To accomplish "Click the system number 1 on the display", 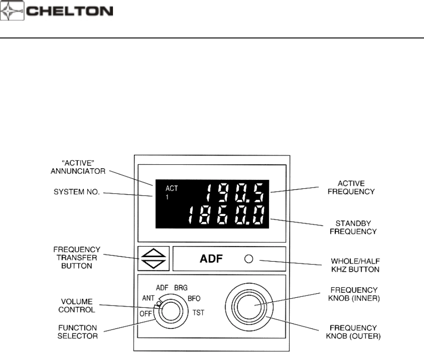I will pyautogui.click(x=167, y=198).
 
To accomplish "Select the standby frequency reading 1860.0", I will pyautogui.click(x=226, y=216).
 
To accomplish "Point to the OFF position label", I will pyautogui.click(x=146, y=314).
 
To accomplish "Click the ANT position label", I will pyautogui.click(x=149, y=298).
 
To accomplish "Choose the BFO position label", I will pyautogui.click(x=194, y=299).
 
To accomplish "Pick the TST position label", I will pyautogui.click(x=197, y=314).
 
